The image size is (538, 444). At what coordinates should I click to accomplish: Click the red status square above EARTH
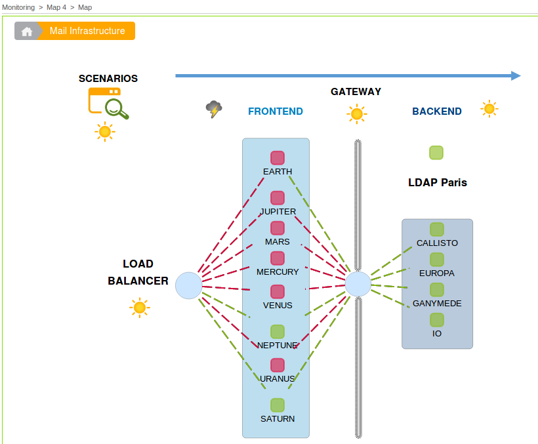point(278,158)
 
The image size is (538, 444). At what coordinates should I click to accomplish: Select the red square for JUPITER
point(278,198)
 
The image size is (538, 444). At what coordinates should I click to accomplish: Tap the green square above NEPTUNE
point(278,332)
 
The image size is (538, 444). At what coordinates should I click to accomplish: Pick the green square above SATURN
point(278,405)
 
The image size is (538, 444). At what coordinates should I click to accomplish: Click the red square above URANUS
point(278,365)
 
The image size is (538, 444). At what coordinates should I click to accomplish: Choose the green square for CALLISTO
point(437,230)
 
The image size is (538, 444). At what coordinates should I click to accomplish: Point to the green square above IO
point(437,320)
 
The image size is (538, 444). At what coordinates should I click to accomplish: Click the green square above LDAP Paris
point(436,153)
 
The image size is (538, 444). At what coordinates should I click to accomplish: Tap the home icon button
point(26,31)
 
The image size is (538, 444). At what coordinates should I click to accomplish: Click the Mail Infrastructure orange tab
point(87,31)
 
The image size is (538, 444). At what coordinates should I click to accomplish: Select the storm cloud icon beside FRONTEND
point(214,109)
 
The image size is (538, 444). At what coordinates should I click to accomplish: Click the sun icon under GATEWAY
point(357,114)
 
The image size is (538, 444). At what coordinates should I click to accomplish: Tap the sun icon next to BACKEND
point(489,109)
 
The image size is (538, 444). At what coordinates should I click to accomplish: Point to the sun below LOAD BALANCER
point(139,308)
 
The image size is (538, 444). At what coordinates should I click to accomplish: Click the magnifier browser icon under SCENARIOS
point(108,103)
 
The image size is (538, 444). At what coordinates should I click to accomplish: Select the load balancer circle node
point(189,285)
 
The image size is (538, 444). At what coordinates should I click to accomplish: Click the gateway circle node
point(358,285)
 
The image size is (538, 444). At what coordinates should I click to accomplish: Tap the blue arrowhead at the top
point(516,76)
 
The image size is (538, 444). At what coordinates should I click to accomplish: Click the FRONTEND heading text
point(276,111)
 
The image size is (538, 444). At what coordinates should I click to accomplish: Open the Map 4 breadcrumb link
point(56,7)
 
